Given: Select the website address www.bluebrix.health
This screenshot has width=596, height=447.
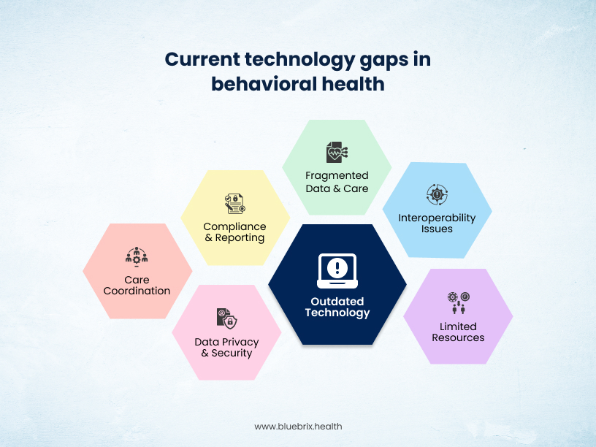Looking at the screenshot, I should (x=298, y=426).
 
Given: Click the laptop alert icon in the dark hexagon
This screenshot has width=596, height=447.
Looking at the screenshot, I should (x=337, y=270).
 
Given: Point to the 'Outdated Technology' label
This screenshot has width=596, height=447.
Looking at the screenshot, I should (x=337, y=307).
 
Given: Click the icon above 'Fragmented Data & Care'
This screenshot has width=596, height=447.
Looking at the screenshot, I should (x=337, y=152).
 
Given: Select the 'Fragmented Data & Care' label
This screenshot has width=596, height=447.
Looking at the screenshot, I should (x=337, y=182).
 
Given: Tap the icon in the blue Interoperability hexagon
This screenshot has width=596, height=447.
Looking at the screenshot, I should (x=437, y=195).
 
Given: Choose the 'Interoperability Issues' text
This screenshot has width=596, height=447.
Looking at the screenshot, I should (x=437, y=223).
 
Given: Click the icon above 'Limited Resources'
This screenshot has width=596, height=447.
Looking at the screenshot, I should (x=458, y=302).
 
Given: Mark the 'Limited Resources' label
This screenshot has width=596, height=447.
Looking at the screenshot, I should (x=458, y=332).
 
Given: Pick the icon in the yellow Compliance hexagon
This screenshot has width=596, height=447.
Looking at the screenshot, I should (x=234, y=204).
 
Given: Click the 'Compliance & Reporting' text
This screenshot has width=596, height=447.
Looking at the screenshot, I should (x=234, y=232).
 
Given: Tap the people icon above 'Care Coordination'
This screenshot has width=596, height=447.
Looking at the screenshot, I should (x=137, y=256).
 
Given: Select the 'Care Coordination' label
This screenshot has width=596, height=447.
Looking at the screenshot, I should (x=137, y=285).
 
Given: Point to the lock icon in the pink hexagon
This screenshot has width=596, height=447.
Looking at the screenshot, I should (x=226, y=318).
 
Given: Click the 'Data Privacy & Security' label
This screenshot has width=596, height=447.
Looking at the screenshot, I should (x=226, y=347).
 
